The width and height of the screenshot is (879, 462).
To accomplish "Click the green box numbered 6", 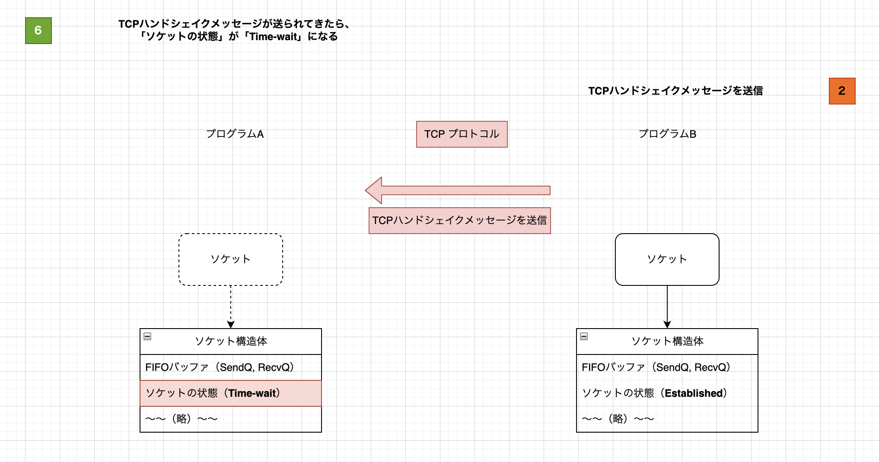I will tap(38, 31).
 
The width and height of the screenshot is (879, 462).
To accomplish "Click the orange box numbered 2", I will tap(842, 91).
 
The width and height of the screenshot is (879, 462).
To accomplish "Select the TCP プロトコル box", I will tap(462, 134).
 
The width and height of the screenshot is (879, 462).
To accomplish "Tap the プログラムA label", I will tap(235, 134).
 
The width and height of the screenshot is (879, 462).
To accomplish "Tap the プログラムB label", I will tap(667, 134).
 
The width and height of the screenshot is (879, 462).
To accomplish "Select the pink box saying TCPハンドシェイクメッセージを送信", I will tap(459, 221).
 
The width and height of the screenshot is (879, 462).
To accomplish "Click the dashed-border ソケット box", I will tap(231, 259).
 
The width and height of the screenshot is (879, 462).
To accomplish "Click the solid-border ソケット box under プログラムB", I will tap(667, 259).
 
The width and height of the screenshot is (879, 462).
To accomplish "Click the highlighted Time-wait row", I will tap(230, 393).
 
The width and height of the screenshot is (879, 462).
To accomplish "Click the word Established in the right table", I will tap(694, 393).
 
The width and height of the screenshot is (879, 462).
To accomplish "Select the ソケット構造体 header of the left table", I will tap(231, 342).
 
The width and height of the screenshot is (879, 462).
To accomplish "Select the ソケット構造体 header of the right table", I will tap(667, 342).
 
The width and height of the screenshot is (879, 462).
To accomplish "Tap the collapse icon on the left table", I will tap(147, 336).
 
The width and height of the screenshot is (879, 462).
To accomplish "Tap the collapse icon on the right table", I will tap(584, 336).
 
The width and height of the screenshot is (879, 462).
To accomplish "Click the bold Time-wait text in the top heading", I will tap(274, 37).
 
